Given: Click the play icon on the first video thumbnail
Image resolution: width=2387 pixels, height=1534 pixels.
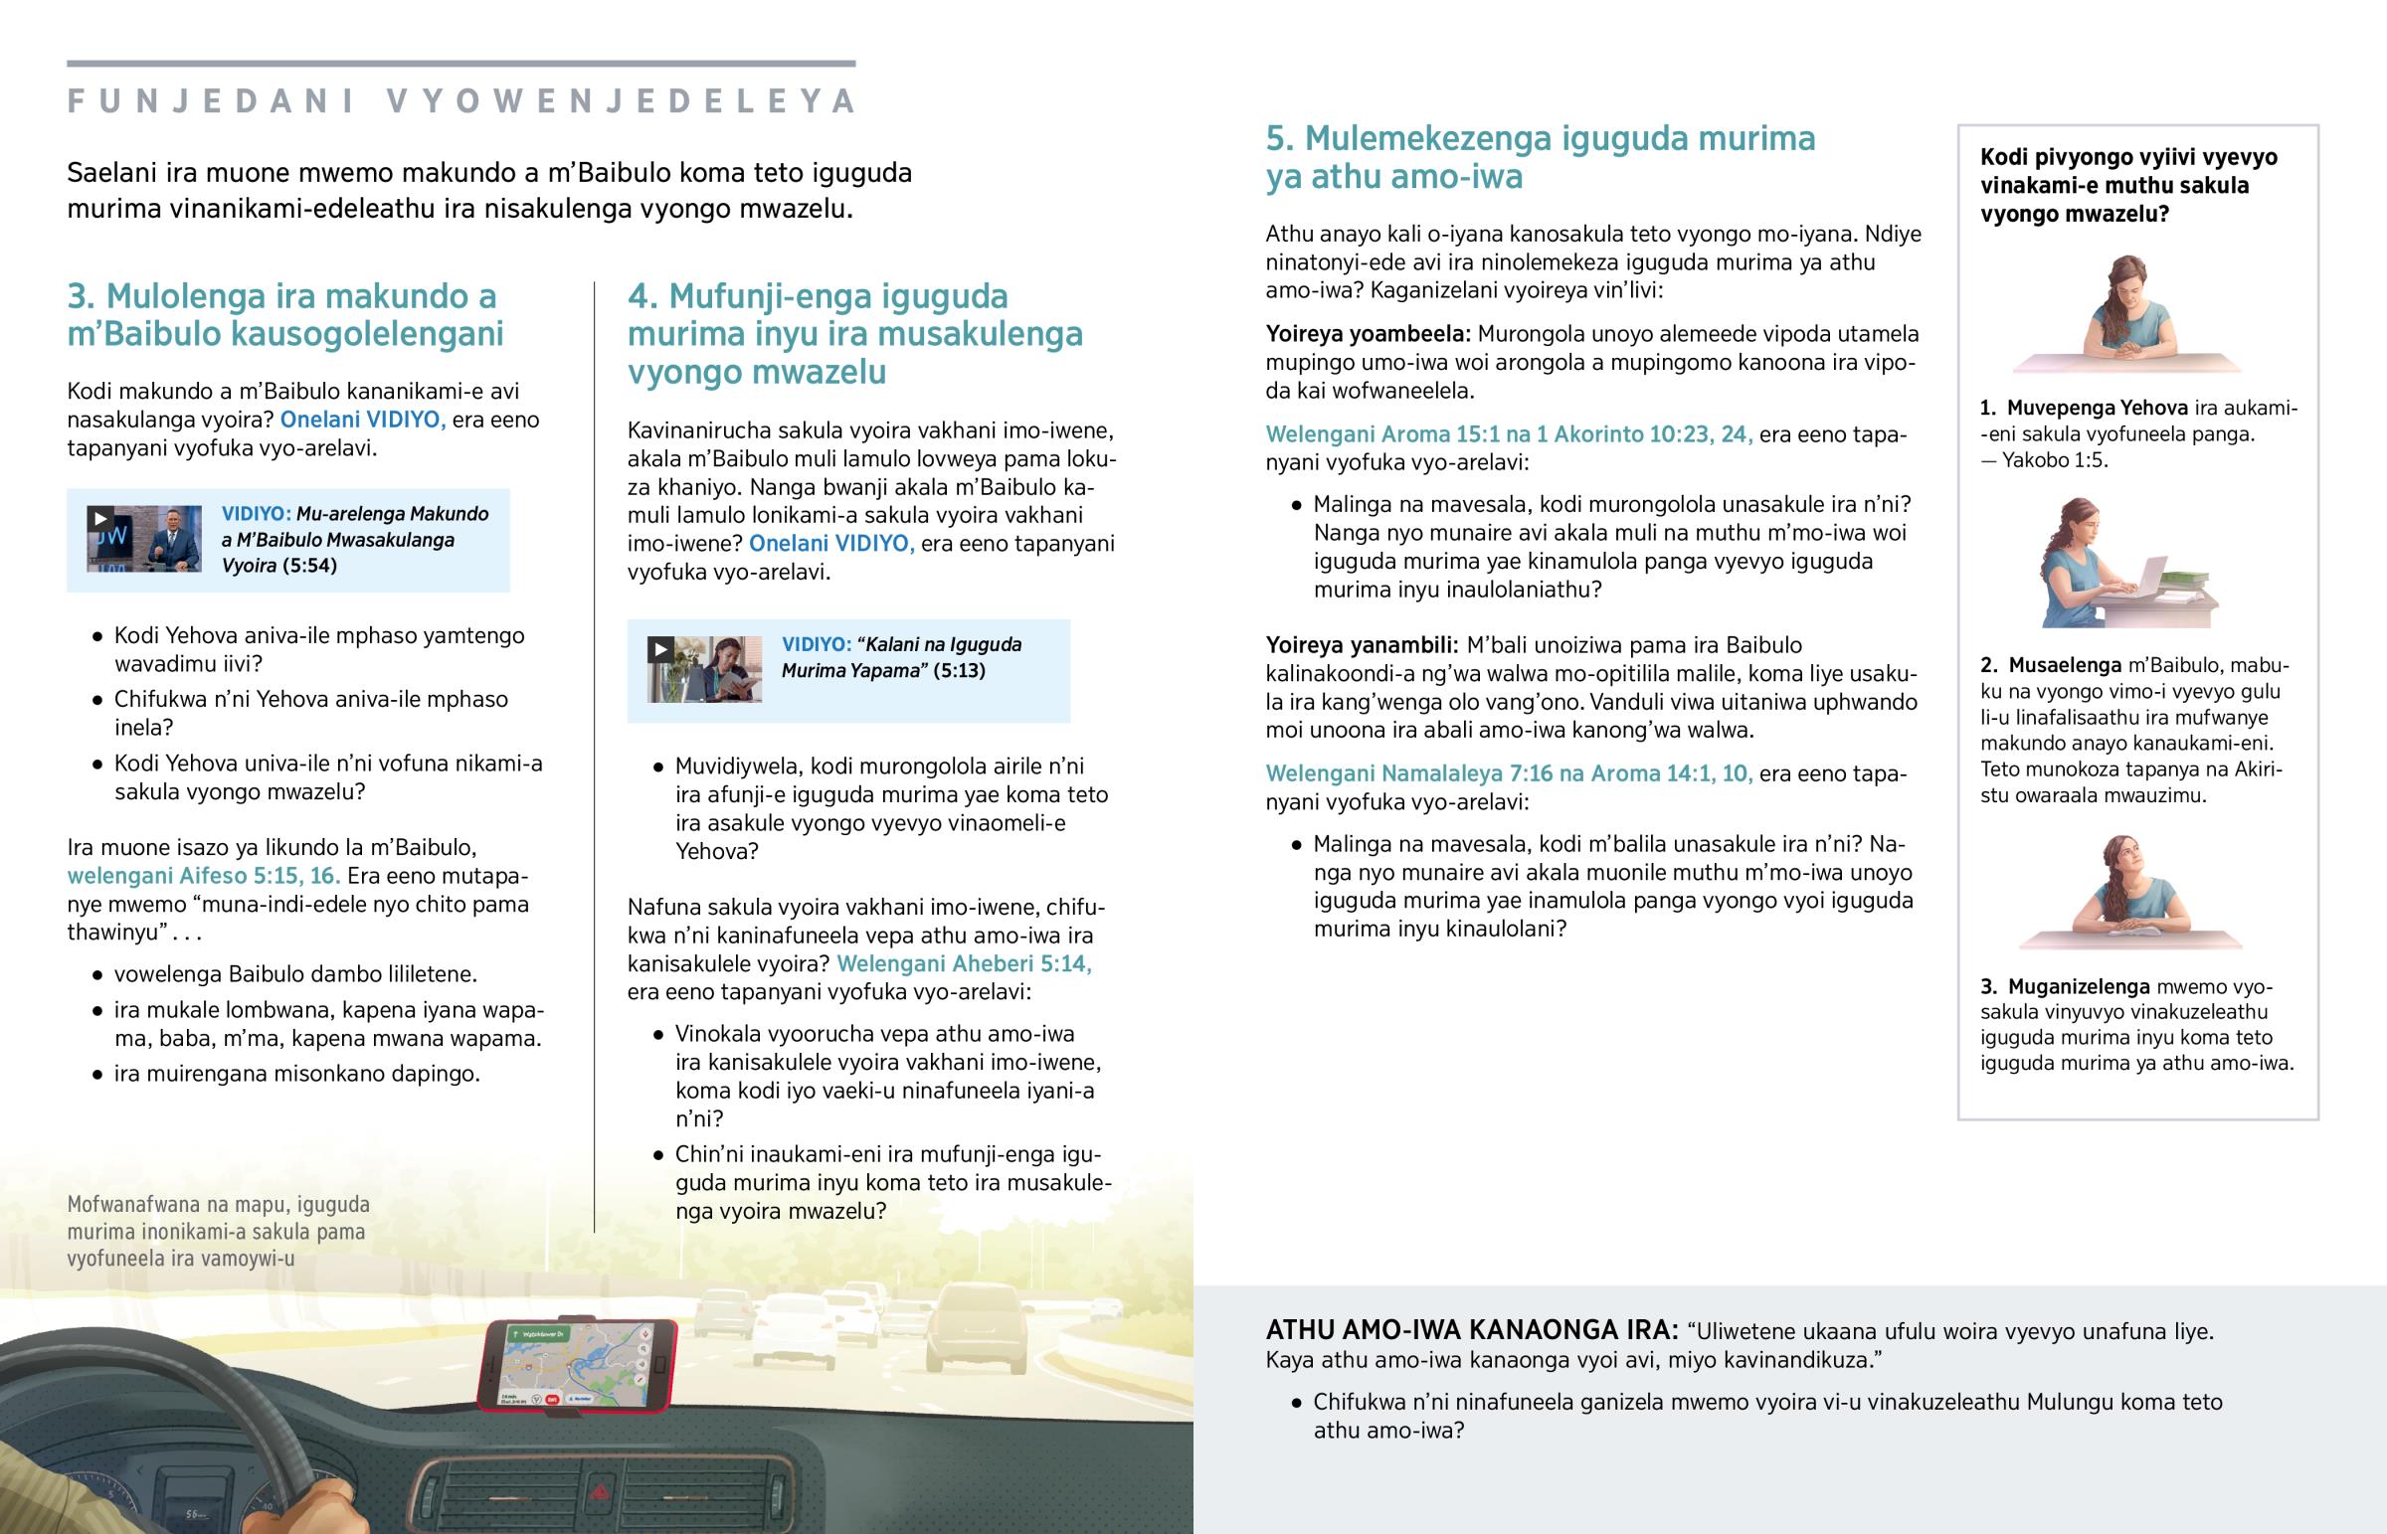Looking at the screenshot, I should (x=99, y=518).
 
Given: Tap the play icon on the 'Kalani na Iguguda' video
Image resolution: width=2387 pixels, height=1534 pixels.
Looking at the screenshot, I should (x=659, y=650).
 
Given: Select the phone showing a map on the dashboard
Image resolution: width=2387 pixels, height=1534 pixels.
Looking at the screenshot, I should (x=578, y=1365).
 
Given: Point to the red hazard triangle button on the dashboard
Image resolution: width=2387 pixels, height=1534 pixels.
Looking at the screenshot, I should (x=601, y=1491).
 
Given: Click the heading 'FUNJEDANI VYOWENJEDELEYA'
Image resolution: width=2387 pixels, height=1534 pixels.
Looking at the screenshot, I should (x=461, y=101).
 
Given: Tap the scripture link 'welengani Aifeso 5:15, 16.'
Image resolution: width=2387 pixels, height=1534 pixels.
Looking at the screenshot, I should (x=204, y=876).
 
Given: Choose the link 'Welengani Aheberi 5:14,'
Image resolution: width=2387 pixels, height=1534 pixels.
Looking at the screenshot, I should (x=964, y=963).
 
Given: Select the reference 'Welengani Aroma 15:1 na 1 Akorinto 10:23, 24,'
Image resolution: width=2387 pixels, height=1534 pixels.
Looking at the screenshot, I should (x=1509, y=434).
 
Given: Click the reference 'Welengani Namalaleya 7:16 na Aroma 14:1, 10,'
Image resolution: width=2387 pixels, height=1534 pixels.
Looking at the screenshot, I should (x=1509, y=773).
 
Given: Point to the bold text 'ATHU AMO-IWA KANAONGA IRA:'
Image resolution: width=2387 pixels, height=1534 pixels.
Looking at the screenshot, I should (x=1471, y=1330).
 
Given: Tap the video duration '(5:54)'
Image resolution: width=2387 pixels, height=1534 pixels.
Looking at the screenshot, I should (x=309, y=566).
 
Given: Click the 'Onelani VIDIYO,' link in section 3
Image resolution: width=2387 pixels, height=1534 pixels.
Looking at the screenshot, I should (x=363, y=420).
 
